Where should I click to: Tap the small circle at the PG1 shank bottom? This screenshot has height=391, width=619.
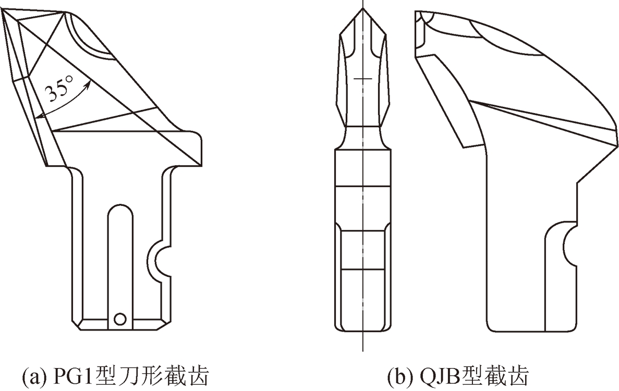pos(120,318)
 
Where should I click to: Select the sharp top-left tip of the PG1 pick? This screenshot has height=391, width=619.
pos(3,11)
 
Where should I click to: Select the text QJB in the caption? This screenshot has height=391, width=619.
pos(435,375)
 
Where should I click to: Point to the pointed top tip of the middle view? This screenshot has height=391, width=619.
pos(363,9)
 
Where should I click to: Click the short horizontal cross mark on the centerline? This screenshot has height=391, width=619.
pos(363,78)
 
